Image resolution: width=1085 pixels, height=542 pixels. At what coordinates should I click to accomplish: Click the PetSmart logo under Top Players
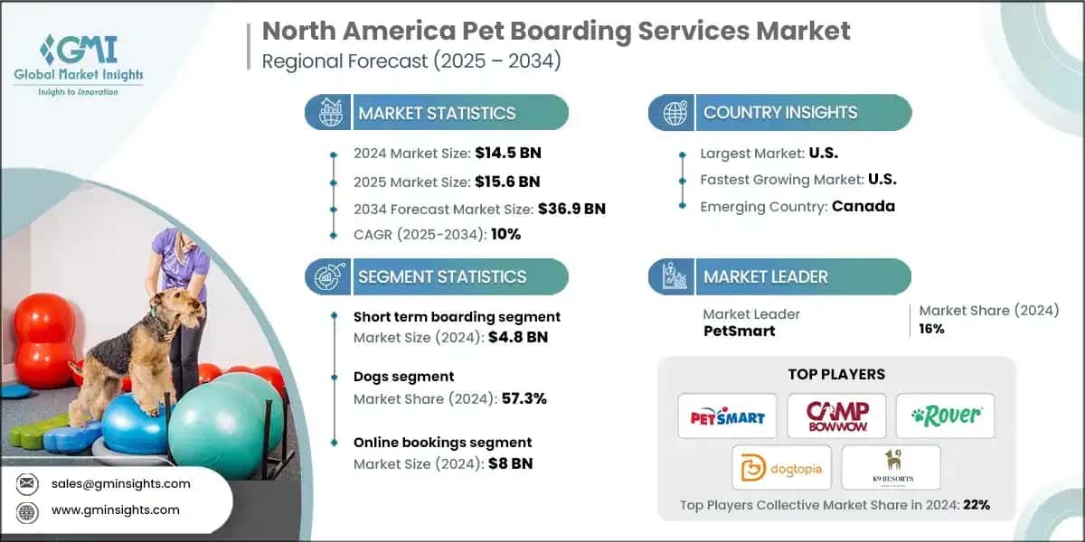pyautogui.click(x=727, y=416)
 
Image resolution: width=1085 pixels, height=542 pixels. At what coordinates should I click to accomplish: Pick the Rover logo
pyautogui.click(x=945, y=416)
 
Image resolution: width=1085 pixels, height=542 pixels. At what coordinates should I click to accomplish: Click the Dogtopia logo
pyautogui.click(x=781, y=468)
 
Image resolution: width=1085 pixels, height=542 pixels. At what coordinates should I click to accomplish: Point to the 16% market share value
pyautogui.click(x=931, y=329)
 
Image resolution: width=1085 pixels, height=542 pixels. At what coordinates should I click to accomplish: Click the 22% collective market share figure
pyautogui.click(x=976, y=504)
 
